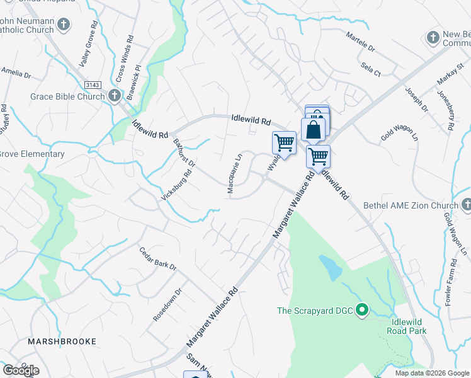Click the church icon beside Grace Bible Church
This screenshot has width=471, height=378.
pyautogui.click(x=114, y=96)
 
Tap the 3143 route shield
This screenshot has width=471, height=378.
pyautogui.click(x=93, y=84)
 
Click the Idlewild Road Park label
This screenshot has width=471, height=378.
pyautogui.click(x=407, y=326)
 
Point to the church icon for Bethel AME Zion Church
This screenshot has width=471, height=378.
pyautogui.click(x=465, y=205)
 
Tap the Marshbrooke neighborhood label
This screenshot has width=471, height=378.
pyautogui.click(x=62, y=341)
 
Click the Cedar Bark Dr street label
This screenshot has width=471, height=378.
pyautogui.click(x=158, y=258)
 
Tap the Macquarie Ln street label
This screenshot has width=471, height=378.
pyautogui.click(x=234, y=173)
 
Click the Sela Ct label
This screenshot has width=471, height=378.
pyautogui.click(x=371, y=69)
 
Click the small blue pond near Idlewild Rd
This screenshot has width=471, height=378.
pyautogui.click(x=331, y=268)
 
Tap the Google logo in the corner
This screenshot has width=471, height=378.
pyautogui.click(x=21, y=370)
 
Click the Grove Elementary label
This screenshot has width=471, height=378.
pyautogui.click(x=31, y=154)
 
